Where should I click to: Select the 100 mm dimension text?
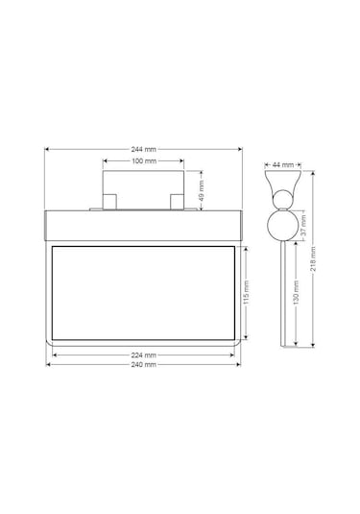tap(144, 160)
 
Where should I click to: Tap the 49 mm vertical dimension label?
tap(201, 190)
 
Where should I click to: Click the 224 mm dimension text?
tap(144, 355)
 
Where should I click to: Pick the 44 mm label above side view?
tap(283, 165)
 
